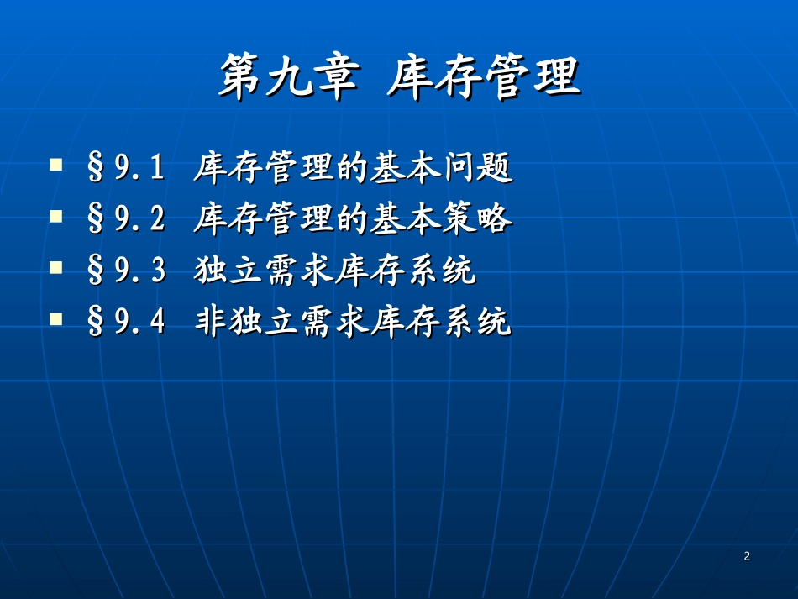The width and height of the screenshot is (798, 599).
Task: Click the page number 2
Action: [747, 556]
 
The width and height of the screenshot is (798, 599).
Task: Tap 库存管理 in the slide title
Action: [484, 78]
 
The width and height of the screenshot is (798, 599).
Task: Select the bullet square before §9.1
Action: [56, 164]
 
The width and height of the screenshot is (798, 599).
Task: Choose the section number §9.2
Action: [127, 221]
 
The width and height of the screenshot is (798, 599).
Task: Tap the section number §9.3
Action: [127, 271]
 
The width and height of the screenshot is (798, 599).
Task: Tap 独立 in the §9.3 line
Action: [227, 271]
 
